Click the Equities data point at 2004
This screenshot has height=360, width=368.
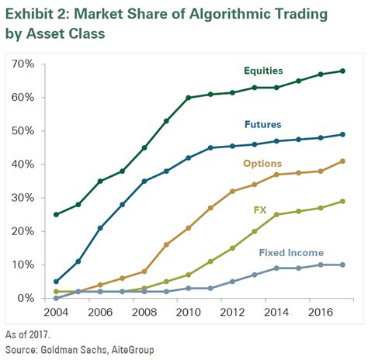(56, 215)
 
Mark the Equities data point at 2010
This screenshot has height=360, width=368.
(189, 98)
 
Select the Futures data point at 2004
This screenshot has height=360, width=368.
(56, 282)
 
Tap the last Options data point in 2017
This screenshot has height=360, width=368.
(342, 161)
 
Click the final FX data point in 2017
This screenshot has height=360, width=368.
(342, 202)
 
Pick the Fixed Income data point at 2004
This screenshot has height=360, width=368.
(56, 298)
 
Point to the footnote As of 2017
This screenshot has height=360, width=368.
(29, 336)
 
